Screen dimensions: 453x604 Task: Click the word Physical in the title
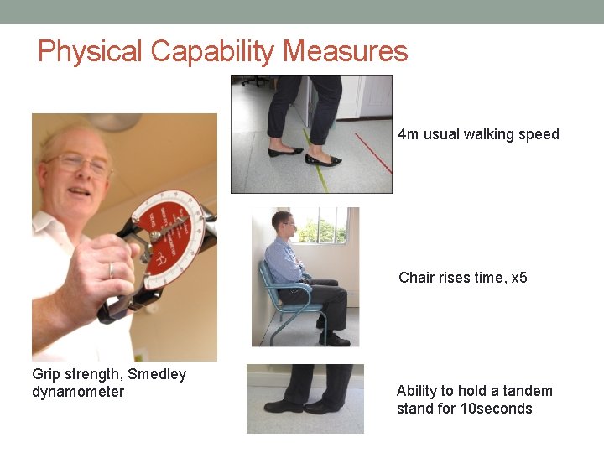(91, 51)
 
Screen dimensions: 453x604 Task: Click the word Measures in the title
(345, 51)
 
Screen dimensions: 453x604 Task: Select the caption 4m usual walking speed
(478, 134)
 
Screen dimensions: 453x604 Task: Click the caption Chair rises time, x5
(463, 277)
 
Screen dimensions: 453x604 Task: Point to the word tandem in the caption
(527, 390)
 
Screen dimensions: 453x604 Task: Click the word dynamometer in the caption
(78, 392)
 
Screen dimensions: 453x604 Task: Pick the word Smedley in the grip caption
(157, 374)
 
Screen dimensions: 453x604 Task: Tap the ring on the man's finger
(111, 269)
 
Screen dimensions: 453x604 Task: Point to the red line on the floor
(372, 152)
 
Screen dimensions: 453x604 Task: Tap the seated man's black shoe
(335, 340)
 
